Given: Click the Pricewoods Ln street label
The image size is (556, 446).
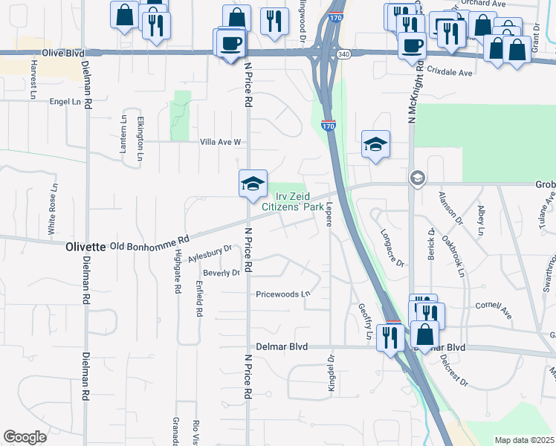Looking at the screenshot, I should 283,294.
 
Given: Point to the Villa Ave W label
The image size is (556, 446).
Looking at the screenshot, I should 220,141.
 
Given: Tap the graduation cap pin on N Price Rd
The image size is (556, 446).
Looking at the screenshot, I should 253,183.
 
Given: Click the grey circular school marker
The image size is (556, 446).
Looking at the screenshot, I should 417,178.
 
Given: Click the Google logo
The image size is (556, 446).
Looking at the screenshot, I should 25,437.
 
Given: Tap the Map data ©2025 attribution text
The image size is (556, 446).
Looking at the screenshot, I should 523,440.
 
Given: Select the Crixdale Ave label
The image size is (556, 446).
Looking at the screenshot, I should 450,72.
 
